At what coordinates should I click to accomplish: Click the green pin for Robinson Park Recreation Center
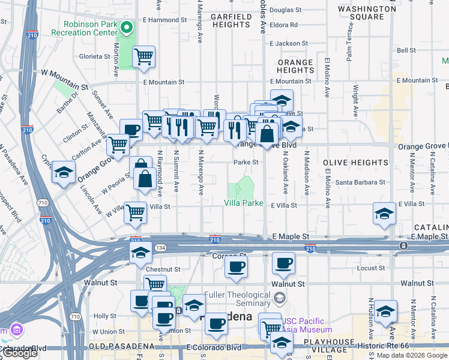[x=127, y=28]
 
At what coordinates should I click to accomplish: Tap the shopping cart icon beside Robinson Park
[x=144, y=58]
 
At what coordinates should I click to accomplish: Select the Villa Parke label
[x=244, y=203]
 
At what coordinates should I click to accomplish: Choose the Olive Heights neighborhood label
[x=355, y=163]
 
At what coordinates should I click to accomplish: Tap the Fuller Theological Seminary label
[x=238, y=299]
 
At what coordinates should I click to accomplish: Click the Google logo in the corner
[x=20, y=353]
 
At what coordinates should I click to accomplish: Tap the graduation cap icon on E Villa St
[x=384, y=213]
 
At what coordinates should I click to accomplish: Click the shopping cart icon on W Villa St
[x=136, y=212]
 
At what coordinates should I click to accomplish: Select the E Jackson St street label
[x=289, y=44]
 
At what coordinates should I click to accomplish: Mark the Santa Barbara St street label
[x=360, y=182]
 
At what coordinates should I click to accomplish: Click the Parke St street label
[x=246, y=162]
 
